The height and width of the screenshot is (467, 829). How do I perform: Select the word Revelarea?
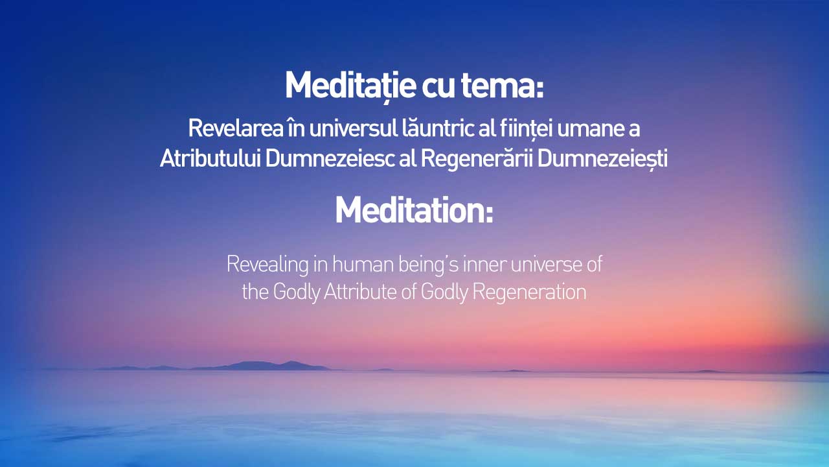(236, 128)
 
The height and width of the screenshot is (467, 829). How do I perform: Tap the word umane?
(590, 129)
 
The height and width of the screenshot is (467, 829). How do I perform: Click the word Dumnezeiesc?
(330, 158)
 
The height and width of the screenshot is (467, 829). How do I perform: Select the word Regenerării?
(477, 159)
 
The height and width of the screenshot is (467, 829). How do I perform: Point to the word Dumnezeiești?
(602, 160)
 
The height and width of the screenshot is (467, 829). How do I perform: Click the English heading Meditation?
(414, 210)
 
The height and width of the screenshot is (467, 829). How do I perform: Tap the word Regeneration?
(530, 293)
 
